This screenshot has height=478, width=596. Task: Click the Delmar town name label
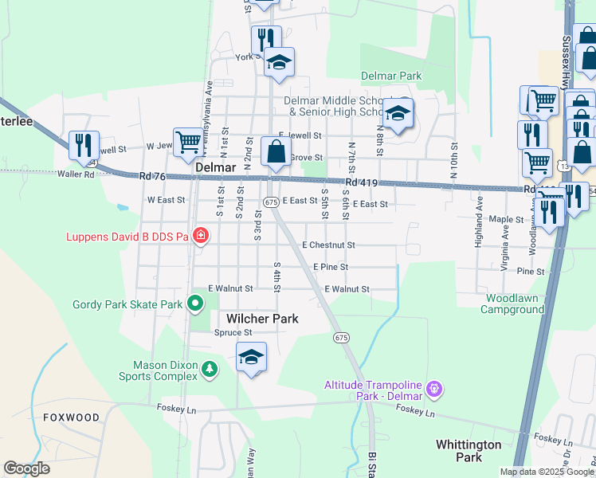click(x=214, y=169)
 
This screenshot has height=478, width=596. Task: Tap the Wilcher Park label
click(x=262, y=319)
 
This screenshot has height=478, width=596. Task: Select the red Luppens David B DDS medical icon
click(x=202, y=236)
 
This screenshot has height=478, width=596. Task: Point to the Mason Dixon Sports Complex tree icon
click(x=209, y=369)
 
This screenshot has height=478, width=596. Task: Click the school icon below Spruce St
click(x=251, y=358)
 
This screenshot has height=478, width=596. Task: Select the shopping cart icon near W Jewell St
click(x=188, y=143)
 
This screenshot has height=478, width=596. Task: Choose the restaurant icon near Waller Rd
click(x=84, y=145)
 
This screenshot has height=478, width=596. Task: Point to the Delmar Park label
click(x=390, y=76)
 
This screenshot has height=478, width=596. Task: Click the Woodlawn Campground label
click(x=504, y=304)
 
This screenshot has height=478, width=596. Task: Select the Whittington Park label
click(x=469, y=451)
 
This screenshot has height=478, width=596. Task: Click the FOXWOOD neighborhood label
click(x=72, y=417)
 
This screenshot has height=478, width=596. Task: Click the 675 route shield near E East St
click(x=271, y=202)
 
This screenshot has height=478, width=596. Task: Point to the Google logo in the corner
click(x=26, y=468)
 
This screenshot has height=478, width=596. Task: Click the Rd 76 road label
click(x=151, y=176)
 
